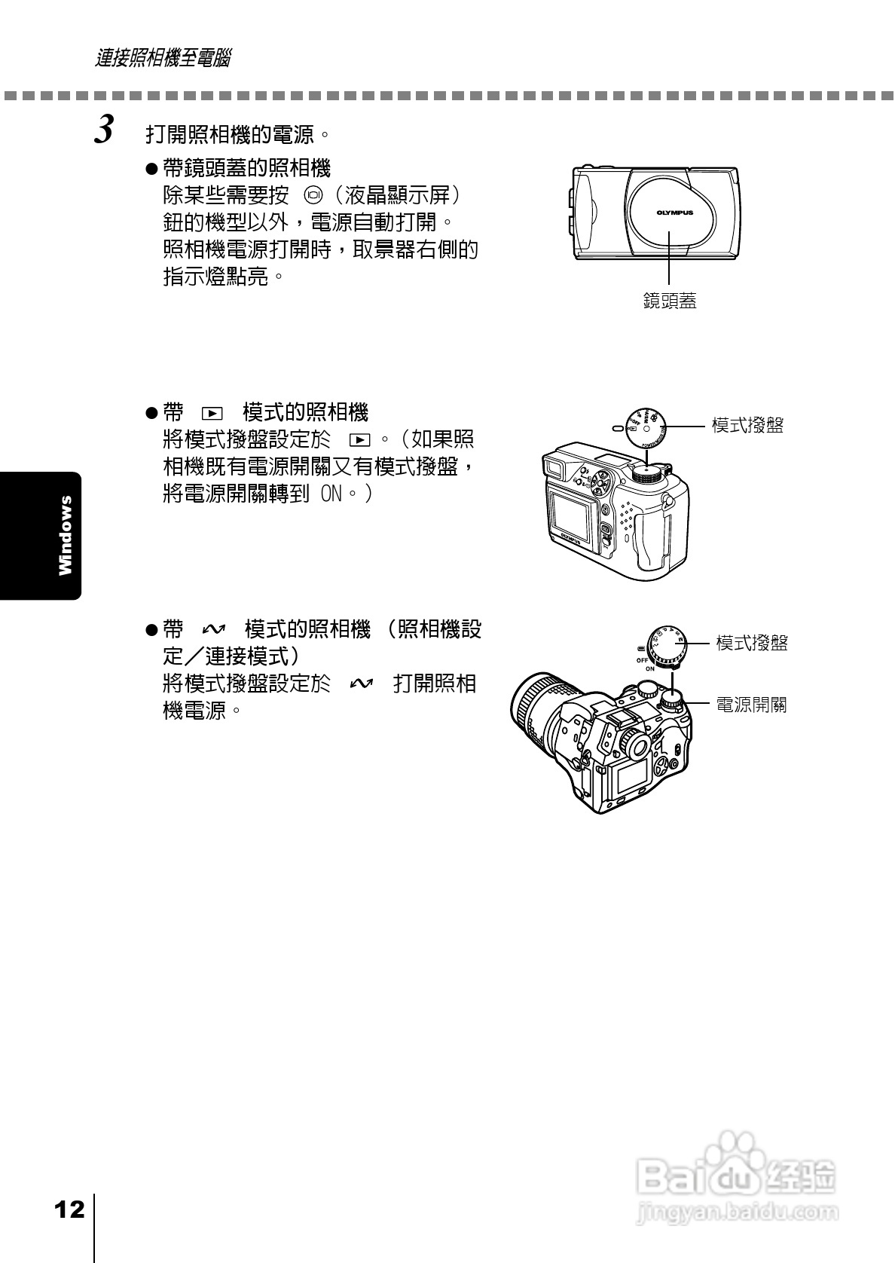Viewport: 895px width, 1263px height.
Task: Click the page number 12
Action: coord(69,1210)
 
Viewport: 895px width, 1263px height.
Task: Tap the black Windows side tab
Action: coord(41,536)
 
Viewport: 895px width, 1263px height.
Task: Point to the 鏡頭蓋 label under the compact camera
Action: coord(670,301)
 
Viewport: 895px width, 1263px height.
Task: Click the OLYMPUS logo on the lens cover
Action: coord(674,213)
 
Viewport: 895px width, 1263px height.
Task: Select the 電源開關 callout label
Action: coord(751,705)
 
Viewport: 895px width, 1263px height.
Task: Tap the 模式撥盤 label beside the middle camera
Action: coord(748,425)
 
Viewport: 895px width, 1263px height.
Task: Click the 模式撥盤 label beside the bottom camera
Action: coord(752,643)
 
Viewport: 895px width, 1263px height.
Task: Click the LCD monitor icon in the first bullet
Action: coord(313,196)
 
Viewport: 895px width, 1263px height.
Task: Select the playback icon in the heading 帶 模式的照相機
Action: coord(213,414)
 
